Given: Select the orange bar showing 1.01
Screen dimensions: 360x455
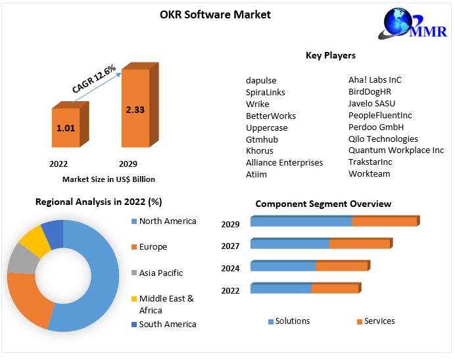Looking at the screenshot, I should (66, 127).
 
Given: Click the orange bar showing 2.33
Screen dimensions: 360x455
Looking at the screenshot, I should (135, 108).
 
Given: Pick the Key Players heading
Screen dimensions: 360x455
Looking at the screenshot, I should (331, 55).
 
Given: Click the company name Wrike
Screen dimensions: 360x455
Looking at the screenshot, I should (258, 104).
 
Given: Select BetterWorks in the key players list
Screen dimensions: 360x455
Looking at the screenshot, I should (271, 116).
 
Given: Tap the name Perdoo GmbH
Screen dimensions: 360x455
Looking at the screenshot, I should (376, 127).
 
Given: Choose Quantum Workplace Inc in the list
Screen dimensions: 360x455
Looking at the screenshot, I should (396, 150).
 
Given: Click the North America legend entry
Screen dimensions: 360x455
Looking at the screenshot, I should (167, 221).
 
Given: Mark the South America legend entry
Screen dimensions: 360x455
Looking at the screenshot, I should (167, 324).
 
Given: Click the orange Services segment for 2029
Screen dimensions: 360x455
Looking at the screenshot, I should (384, 221).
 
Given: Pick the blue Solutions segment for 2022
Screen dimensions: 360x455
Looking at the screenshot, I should (281, 289).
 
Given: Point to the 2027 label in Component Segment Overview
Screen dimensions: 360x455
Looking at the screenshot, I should (230, 246).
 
